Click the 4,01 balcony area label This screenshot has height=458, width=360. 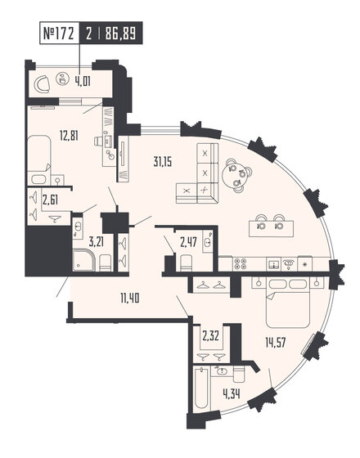tap(83, 81)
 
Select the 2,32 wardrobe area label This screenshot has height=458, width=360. tap(209, 335)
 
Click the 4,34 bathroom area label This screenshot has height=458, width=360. tap(208, 401)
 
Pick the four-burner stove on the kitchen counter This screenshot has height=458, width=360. tap(241, 263)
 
